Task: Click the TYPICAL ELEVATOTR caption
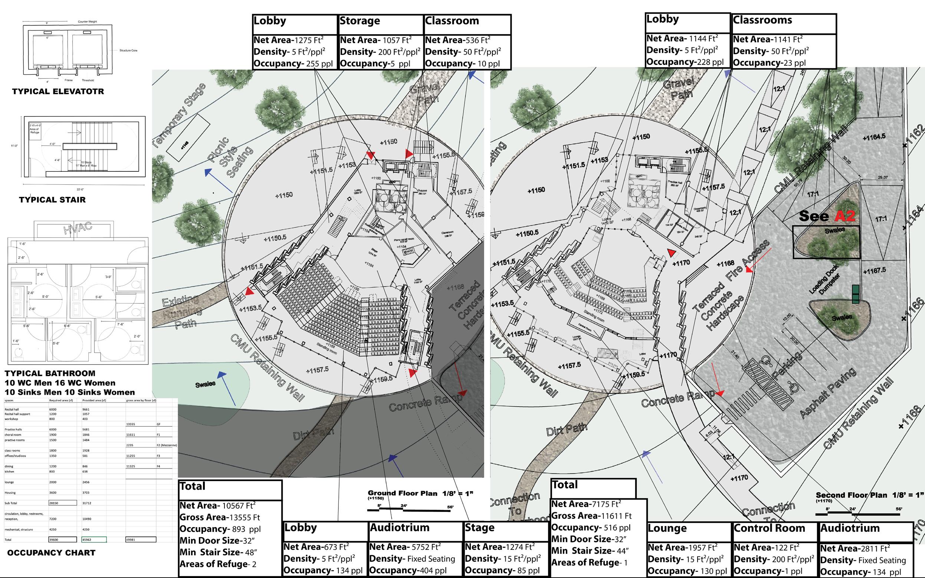58,91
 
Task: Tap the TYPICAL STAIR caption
52,200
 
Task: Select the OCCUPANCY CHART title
51,552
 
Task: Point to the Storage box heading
360,21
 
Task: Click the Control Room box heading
769,528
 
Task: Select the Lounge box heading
667,528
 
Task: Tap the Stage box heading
479,528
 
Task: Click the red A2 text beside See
844,216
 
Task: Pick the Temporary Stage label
179,115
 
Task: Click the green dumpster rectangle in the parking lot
856,294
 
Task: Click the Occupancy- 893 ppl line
220,529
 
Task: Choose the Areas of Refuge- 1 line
589,563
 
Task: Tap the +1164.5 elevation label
874,137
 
